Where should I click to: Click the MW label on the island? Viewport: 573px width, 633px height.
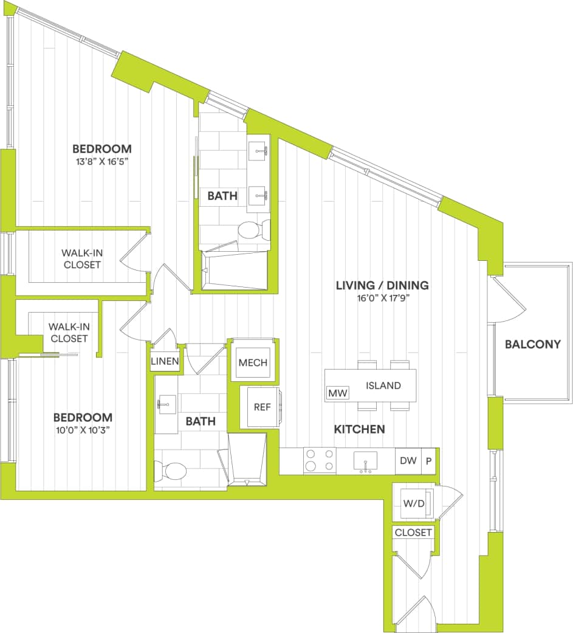337,393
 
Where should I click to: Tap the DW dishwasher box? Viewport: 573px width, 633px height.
408,461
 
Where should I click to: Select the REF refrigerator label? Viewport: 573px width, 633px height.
262,407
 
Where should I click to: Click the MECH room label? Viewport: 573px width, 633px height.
253,363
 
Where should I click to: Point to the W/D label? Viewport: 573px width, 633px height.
413,503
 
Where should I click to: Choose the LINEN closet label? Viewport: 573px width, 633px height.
165,362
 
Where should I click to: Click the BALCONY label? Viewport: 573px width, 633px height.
532,344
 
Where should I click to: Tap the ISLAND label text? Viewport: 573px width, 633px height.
383,386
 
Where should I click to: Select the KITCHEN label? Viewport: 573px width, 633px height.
359,429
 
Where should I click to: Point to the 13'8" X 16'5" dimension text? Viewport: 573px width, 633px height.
102,162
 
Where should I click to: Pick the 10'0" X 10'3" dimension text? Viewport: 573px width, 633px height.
83,431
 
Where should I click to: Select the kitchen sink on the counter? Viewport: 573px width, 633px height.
365,461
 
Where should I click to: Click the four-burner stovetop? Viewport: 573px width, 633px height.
320,460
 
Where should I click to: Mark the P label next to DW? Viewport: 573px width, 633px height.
429,461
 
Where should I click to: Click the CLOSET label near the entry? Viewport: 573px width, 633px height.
413,533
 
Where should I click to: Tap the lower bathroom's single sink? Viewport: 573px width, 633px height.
166,403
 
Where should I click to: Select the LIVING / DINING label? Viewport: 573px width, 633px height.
383,285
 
